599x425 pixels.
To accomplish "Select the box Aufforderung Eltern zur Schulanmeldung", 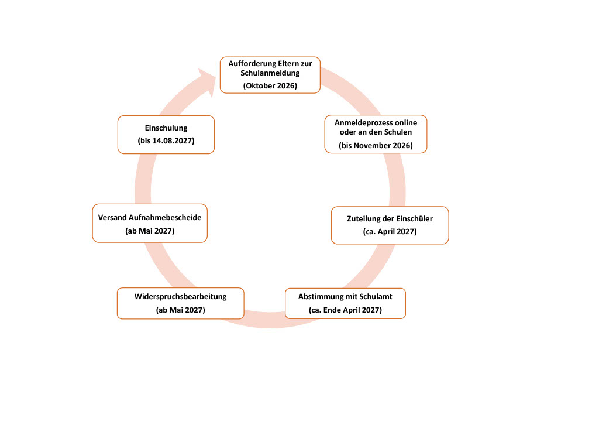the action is [270, 75].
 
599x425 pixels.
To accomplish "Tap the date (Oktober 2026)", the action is [270, 85].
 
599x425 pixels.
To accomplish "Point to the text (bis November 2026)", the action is [376, 145].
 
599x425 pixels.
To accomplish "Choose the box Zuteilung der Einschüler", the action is [390, 225].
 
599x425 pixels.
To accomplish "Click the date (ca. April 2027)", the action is [390, 231].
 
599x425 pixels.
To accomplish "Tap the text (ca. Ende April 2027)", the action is [345, 310].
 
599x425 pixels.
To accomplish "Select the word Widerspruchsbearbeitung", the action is [180, 297].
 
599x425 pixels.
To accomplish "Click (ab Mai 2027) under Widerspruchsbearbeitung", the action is [180, 310].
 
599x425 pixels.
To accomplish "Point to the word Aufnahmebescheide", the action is [165, 217].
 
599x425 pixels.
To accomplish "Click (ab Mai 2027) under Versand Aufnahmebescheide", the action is [150, 231].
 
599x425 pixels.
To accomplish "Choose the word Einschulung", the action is [166, 128].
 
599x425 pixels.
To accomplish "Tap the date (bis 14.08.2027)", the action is [166, 140].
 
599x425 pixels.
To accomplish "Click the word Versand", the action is [112, 217].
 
